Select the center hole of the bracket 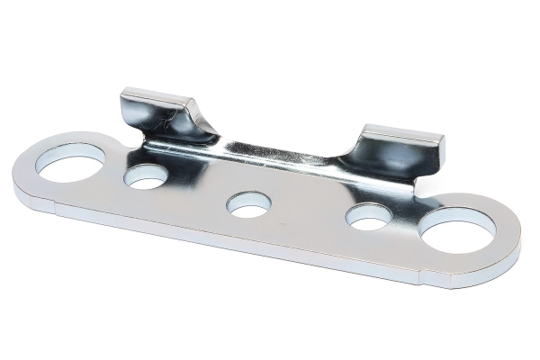point(247,204)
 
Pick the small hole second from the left point(146,176)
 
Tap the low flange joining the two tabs point(279,153)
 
